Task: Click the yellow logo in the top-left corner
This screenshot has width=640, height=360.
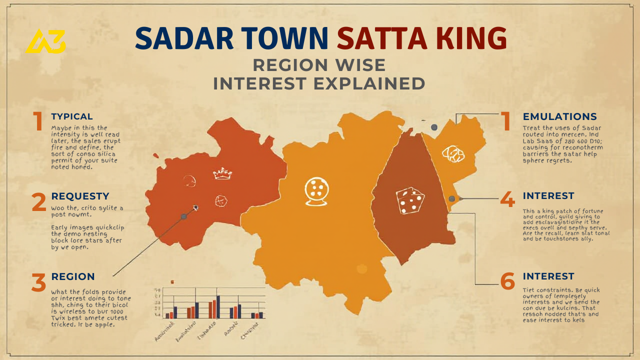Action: click(x=45, y=41)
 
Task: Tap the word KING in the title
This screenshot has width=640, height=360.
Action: click(x=471, y=38)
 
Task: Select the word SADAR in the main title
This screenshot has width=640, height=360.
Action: click(x=181, y=38)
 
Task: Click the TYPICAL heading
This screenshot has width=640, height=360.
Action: click(x=72, y=116)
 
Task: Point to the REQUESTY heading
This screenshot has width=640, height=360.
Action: click(x=80, y=196)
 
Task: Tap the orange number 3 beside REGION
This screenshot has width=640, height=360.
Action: click(x=38, y=282)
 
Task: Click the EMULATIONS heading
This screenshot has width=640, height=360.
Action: click(x=559, y=116)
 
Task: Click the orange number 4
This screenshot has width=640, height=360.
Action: click(x=507, y=200)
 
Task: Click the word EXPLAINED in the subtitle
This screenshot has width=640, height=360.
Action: click(x=369, y=83)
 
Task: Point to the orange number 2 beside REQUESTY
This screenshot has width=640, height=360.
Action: click(x=38, y=202)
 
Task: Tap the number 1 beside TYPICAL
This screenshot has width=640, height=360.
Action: click(x=38, y=121)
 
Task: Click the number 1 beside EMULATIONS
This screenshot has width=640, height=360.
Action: click(x=506, y=121)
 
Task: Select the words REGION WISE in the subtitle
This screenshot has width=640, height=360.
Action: click(x=319, y=65)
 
